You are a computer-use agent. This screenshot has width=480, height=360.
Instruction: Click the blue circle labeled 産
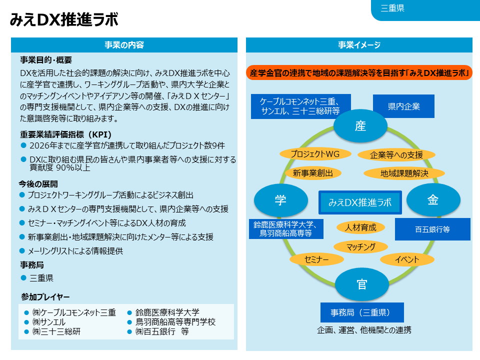(360, 126)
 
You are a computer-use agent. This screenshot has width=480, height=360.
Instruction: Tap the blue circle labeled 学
(280, 200)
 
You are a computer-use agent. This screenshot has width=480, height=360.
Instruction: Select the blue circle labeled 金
(433, 200)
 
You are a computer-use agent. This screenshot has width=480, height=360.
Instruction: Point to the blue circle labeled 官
(362, 284)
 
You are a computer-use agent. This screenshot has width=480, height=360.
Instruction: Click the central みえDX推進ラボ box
(360, 202)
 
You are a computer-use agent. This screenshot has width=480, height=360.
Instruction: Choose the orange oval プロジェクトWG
(315, 154)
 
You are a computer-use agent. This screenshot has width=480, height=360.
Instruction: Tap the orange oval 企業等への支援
(396, 155)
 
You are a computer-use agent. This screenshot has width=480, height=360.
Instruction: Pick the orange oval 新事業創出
(313, 173)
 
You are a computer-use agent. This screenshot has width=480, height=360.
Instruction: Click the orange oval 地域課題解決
(404, 173)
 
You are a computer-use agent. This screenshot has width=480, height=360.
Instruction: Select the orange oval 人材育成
(360, 227)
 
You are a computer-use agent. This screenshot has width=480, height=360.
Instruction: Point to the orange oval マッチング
(360, 246)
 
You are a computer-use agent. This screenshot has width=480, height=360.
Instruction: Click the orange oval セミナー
(316, 259)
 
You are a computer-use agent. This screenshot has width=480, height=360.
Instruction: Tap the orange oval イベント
(407, 259)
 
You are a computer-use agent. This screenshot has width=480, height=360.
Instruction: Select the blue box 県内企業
(403, 106)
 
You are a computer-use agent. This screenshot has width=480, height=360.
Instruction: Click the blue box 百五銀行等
(432, 229)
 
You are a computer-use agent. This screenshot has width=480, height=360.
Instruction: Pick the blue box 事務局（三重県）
(362, 312)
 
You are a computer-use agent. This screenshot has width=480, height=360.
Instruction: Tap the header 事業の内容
(124, 45)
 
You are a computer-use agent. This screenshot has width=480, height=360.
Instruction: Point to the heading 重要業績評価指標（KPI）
(65, 134)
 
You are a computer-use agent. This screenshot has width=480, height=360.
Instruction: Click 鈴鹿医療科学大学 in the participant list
(167, 312)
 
